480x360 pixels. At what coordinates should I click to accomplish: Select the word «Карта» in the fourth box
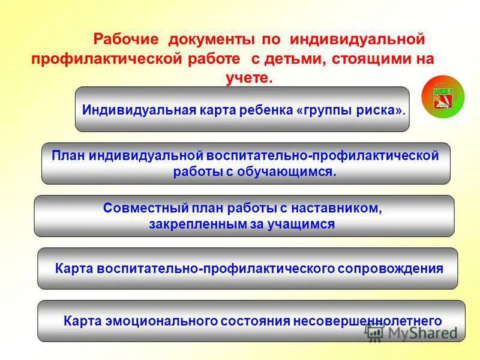tap(75, 268)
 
